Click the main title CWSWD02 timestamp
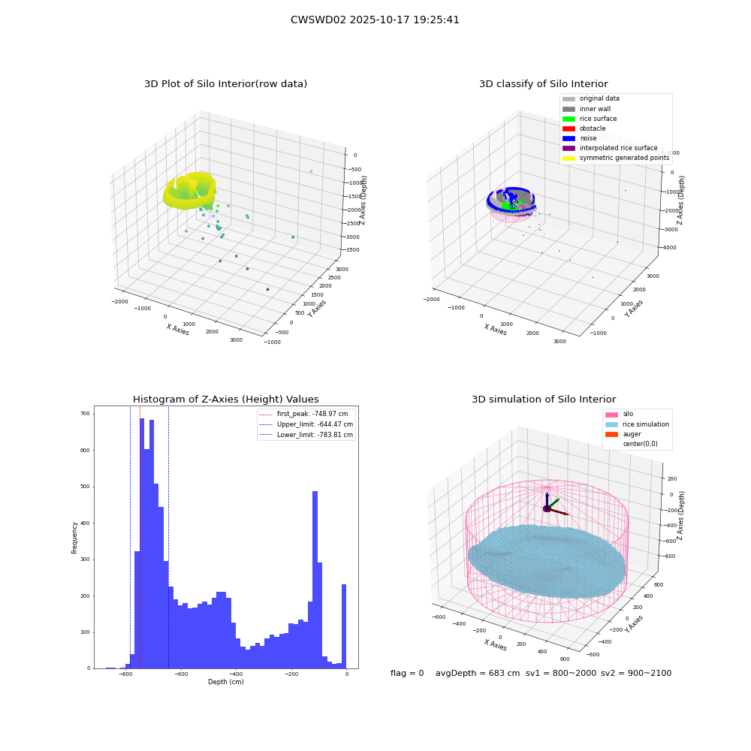(x=375, y=20)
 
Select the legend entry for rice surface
(x=590, y=119)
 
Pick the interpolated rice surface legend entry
(x=610, y=148)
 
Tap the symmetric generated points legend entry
(x=616, y=158)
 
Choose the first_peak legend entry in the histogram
(x=303, y=414)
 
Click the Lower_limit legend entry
(x=306, y=435)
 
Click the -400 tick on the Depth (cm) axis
(x=236, y=674)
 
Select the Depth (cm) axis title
(x=226, y=682)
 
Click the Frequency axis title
(x=74, y=538)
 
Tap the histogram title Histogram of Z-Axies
(x=225, y=400)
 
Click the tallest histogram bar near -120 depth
(x=315, y=580)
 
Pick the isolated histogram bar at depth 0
(x=343, y=626)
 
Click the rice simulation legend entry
(x=637, y=424)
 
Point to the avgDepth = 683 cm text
(x=478, y=673)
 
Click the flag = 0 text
(x=407, y=673)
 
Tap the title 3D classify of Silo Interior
(x=544, y=84)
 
